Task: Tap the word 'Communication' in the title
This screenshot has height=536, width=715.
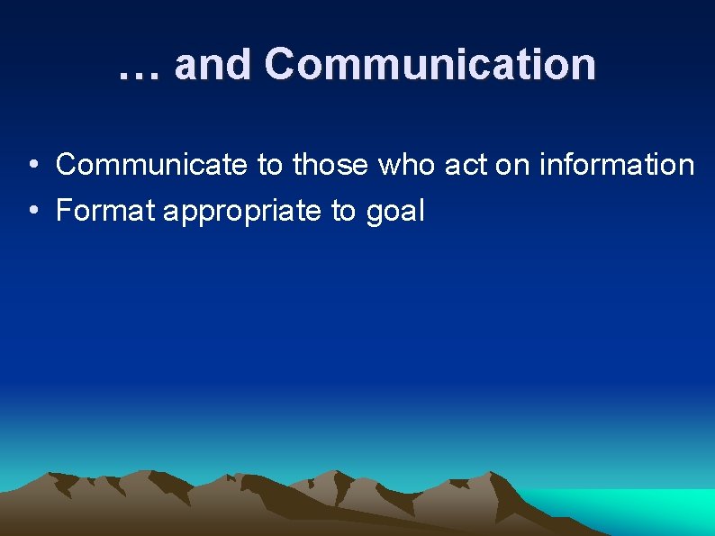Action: pos(430,65)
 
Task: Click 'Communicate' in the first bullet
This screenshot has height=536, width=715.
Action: pos(151,165)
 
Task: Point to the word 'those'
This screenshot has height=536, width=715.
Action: pos(330,165)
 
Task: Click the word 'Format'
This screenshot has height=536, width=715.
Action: pos(105,211)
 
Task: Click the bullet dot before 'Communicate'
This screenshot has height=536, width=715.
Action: pos(32,166)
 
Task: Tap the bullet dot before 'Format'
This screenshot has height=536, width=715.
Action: pos(32,212)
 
